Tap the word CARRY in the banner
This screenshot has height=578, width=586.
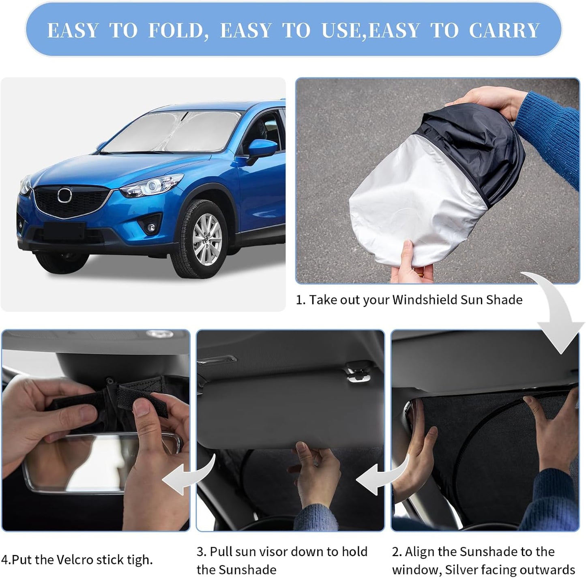(504, 31)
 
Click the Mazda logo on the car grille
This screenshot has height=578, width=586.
(64, 196)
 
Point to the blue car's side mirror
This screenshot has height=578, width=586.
(262, 148)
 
